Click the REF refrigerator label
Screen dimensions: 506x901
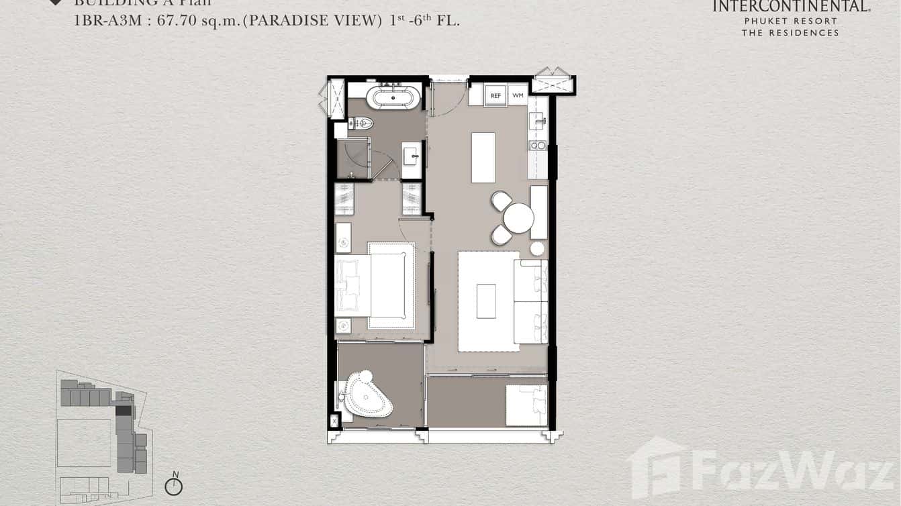[495, 96]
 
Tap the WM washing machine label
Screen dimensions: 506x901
[517, 96]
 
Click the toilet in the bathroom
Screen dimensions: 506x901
[361, 123]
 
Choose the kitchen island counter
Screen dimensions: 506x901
[483, 158]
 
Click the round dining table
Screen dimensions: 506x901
[518, 218]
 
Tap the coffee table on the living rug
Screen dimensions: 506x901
[486, 301]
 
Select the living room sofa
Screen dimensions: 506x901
[531, 301]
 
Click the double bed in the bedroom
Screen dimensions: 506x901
[383, 285]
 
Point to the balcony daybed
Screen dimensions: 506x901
[526, 405]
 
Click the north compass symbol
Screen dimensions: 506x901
[174, 486]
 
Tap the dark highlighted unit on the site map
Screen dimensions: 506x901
[124, 410]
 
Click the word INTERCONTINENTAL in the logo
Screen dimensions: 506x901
[790, 7]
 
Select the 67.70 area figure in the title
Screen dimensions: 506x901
[176, 20]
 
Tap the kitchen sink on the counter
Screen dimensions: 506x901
[536, 120]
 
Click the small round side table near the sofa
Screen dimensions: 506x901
[537, 249]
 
